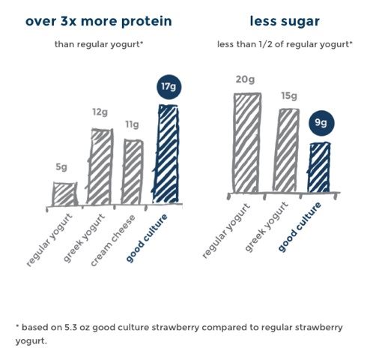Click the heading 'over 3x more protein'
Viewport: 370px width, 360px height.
pyautogui.click(x=98, y=20)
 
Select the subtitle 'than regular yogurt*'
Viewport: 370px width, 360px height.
pyautogui.click(x=98, y=44)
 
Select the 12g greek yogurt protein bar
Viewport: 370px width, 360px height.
pyautogui.click(x=100, y=166)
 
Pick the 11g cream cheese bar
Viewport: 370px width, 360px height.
pyautogui.click(x=133, y=172)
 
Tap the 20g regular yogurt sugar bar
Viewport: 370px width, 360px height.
pyautogui.click(x=247, y=143)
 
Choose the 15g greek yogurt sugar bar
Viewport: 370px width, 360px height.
pyautogui.click(x=288, y=151)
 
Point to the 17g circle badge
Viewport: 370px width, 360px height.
pyautogui.click(x=169, y=87)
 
